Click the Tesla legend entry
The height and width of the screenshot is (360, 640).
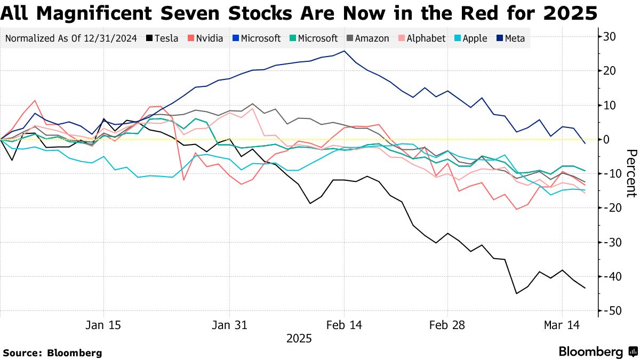[163, 38]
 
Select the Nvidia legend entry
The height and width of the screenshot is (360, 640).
[205, 38]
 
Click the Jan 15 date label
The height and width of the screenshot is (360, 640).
[103, 325]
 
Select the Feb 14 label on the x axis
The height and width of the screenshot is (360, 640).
[344, 325]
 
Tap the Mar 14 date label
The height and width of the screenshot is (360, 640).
[562, 325]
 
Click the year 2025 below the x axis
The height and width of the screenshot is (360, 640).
[299, 339]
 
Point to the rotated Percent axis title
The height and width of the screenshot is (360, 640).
[631, 173]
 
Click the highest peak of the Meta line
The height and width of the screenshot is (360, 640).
[344, 51]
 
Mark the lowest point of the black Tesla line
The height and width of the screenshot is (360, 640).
[516, 293]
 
